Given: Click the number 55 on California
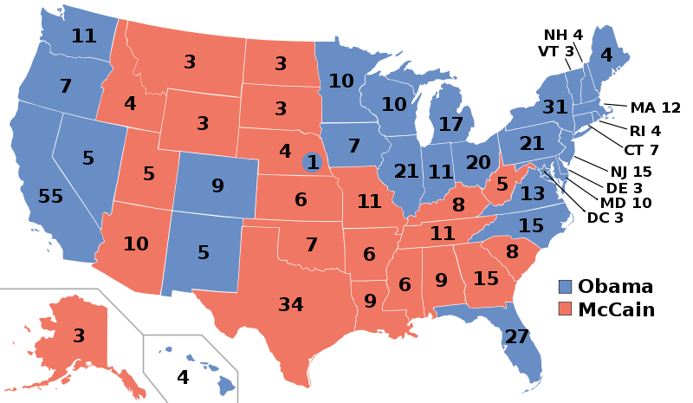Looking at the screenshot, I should (x=51, y=197).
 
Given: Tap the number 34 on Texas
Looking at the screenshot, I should (x=291, y=305).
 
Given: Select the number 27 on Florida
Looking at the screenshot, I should (x=516, y=337).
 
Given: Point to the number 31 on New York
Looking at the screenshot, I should (x=555, y=107).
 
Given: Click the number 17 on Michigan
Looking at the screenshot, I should (x=450, y=125).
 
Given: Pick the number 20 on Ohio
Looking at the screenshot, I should (x=478, y=163).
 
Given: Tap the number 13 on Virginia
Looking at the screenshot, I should (x=533, y=194).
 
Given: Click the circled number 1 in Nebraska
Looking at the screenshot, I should (x=313, y=162).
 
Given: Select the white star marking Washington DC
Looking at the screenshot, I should (x=544, y=171).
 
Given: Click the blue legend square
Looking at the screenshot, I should (x=565, y=287).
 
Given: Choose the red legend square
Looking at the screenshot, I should (x=565, y=309).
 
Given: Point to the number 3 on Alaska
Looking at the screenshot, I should (x=79, y=335).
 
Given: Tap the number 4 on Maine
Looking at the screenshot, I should (x=606, y=55).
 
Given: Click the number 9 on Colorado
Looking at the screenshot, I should (x=217, y=185).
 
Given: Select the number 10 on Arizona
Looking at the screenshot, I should (x=136, y=244).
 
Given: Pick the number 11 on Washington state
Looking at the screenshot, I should (x=84, y=36).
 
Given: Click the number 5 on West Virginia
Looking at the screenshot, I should (x=502, y=184).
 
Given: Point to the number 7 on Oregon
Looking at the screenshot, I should (x=66, y=87).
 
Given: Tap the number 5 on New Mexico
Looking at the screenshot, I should (x=204, y=253).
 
